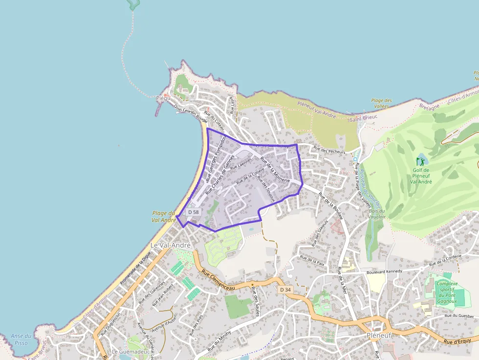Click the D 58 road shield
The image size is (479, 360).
(x=194, y=212)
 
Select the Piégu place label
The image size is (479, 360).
(x=163, y=98)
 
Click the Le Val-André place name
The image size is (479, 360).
(x=170, y=245)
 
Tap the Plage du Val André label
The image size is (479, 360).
(x=163, y=216)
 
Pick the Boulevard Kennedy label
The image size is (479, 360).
(x=384, y=271)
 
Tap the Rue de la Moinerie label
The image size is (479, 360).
(x=275, y=170)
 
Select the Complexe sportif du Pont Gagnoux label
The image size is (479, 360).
(x=447, y=292)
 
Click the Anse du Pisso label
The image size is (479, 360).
(x=21, y=339)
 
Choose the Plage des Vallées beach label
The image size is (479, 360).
(x=381, y=103)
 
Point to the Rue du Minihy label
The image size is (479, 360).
(x=219, y=340)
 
